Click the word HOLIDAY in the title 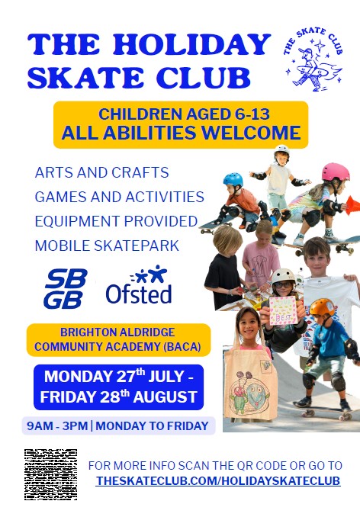192,44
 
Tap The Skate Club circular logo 313,59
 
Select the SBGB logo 66,288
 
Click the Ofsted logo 139,284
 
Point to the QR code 51,474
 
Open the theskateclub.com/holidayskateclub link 218,480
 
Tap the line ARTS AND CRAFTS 102,172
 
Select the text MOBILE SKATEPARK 107,246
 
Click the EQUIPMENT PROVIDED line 116,221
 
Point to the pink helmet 336,172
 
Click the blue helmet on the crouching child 233,180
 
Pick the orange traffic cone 352,203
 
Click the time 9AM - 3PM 57,425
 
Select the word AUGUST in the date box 165,397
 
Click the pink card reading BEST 283,310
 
